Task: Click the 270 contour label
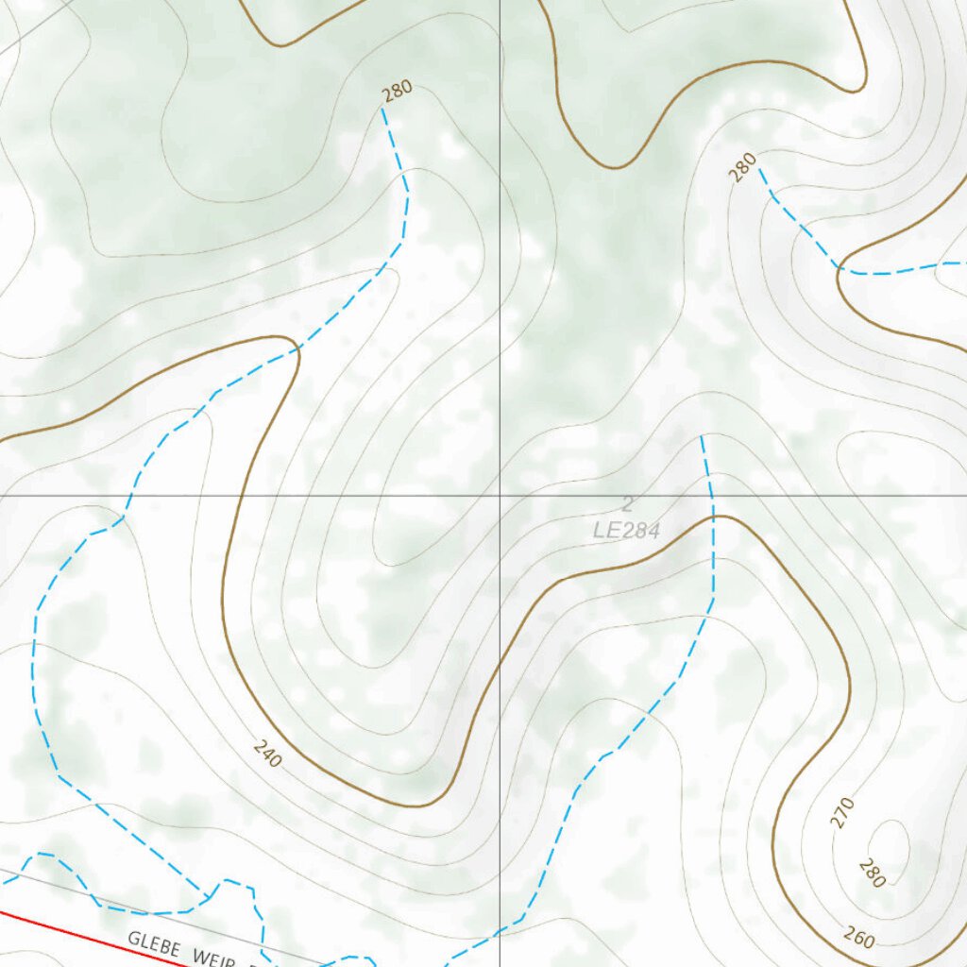(842, 812)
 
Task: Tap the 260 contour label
(858, 939)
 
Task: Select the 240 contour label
(267, 753)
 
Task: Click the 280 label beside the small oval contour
(872, 874)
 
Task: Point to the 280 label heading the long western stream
(398, 92)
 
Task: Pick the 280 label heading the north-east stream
(743, 167)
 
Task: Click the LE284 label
(626, 531)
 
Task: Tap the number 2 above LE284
(627, 504)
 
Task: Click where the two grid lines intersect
(500, 495)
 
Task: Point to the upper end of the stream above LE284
(702, 438)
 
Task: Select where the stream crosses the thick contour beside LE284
(714, 517)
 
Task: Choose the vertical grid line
(500, 283)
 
